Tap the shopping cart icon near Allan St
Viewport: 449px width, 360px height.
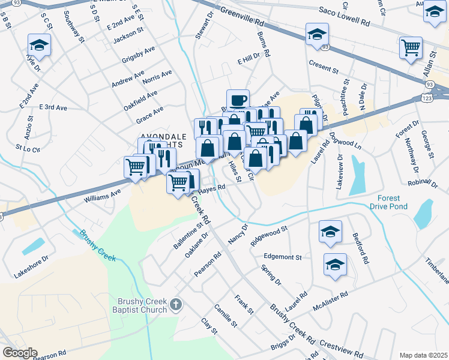coord(411,47)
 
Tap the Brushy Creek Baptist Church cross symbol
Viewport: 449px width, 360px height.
coord(175,305)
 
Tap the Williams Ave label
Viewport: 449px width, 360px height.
coord(102,195)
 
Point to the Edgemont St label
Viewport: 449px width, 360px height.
coord(282,257)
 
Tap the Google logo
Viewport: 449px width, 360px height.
coord(19,353)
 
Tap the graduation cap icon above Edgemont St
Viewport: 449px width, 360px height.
coord(330,232)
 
